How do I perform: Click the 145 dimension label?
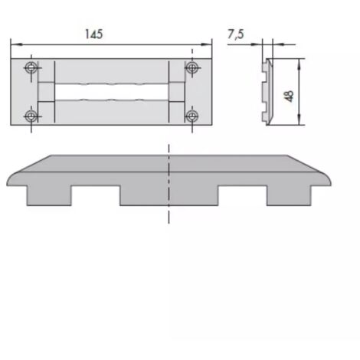click(x=93, y=34)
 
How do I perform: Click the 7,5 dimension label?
click(x=236, y=34)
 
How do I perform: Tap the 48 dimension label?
click(x=290, y=97)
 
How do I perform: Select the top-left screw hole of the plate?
click(x=31, y=67)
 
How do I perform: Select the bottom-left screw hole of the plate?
click(x=31, y=116)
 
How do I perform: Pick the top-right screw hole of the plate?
click(x=192, y=67)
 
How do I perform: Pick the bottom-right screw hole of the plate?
click(x=192, y=116)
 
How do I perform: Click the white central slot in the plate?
click(x=112, y=92)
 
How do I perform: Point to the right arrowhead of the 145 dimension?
click(x=206, y=44)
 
